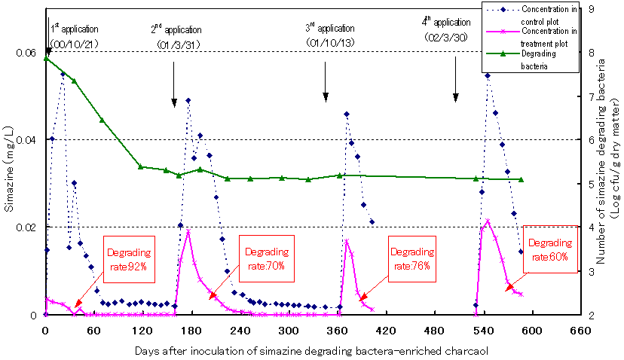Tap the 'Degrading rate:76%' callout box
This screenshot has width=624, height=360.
tap(414, 259)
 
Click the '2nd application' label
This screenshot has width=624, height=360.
tap(176, 30)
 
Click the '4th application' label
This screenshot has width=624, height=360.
tap(448, 23)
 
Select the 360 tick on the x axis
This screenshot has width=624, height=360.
tap(265, 330)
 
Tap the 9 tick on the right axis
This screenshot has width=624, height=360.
tap(592, 9)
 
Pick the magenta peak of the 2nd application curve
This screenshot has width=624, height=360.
tap(188, 230)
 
